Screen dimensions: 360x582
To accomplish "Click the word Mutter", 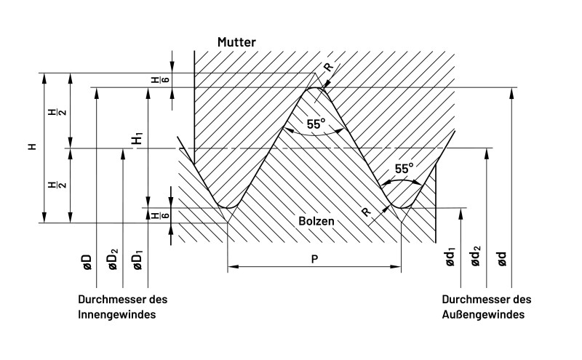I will (x=236, y=43).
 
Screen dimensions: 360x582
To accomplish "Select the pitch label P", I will (x=314, y=258).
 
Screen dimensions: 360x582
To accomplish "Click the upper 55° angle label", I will (x=316, y=124).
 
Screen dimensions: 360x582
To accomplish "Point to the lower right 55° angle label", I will (x=404, y=169).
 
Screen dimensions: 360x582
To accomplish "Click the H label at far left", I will (x=31, y=147).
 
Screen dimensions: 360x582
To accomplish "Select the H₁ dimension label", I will (x=137, y=137).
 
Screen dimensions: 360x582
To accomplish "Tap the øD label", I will (x=87, y=263).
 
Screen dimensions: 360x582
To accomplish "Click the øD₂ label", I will (x=113, y=260).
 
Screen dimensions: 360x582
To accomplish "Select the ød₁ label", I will (x=451, y=260).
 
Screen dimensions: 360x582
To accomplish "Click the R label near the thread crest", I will (x=329, y=67).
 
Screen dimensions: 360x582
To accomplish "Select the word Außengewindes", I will (x=484, y=314).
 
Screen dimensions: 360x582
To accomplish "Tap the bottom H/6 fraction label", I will (x=155, y=215).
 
